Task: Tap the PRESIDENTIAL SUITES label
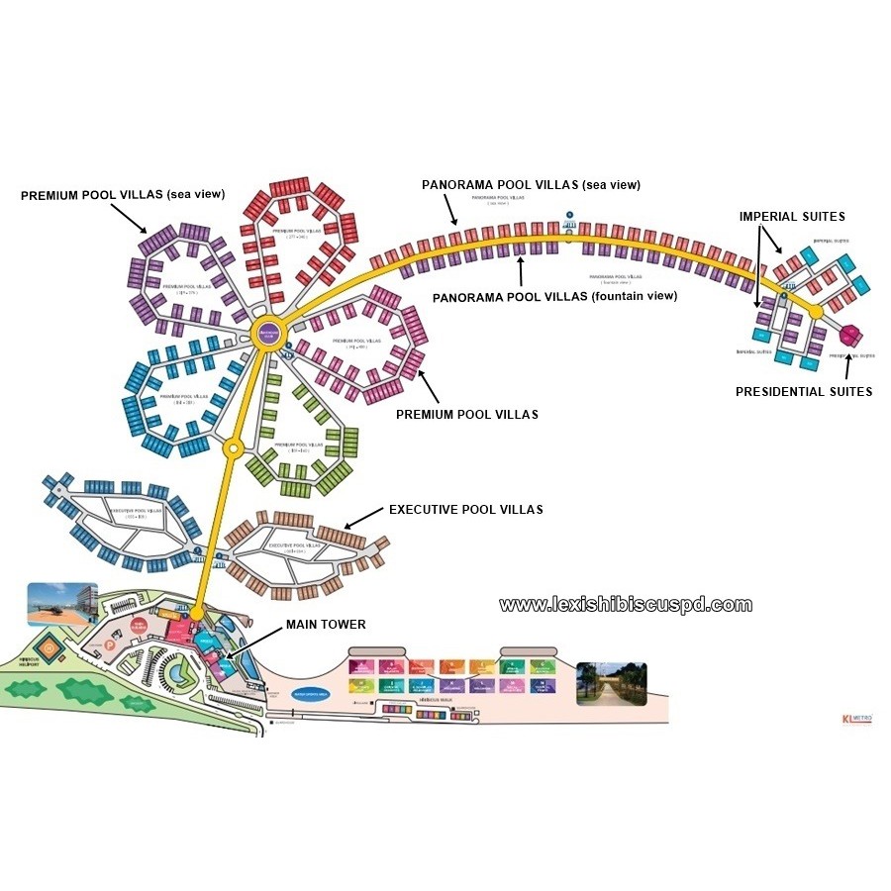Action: (803, 392)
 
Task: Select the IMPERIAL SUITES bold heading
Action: (792, 216)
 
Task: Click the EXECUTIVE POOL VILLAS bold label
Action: (465, 510)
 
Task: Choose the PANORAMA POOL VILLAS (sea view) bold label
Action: (531, 185)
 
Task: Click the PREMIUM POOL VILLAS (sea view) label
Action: (123, 195)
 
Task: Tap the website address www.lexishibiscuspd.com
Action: (625, 605)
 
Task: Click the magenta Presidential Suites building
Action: (852, 335)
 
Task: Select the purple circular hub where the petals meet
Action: (267, 333)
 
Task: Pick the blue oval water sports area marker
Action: (314, 693)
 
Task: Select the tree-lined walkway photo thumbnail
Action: (611, 683)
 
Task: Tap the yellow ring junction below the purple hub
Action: (233, 447)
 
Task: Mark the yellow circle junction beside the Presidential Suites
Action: (816, 312)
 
